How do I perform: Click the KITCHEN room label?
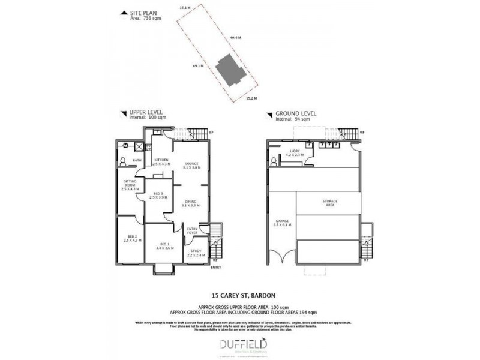coord(161,160)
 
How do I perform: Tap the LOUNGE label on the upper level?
coord(191,163)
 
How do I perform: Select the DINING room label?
coord(191,202)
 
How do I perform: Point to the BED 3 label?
coord(158,193)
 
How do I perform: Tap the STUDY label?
coord(196,252)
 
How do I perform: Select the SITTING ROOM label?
coord(130,184)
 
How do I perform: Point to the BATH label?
coord(137,160)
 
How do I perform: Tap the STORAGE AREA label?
coord(329,202)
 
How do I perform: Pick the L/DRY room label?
coord(295,153)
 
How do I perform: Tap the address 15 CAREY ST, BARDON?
coord(239,295)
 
